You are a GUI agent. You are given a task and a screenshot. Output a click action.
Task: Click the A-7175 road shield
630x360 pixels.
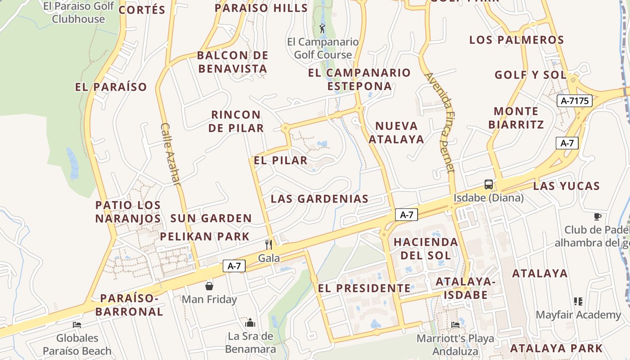click(574, 101)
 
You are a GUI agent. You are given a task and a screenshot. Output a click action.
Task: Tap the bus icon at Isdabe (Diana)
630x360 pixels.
click(488, 184)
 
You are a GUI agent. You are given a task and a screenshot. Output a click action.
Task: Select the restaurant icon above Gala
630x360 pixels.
click(269, 244)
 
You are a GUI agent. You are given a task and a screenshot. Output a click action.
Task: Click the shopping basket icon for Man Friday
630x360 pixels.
click(209, 286)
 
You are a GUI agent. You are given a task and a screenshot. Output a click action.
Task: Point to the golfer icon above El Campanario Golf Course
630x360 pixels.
click(322, 29)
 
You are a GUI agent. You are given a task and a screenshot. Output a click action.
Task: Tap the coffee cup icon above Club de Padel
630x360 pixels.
click(597, 216)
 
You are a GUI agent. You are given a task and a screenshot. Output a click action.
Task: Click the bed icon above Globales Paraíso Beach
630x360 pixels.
click(77, 324)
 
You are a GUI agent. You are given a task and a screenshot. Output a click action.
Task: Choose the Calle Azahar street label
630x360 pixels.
click(170, 154)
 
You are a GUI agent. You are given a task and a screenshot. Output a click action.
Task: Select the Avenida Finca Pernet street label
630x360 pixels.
click(439, 122)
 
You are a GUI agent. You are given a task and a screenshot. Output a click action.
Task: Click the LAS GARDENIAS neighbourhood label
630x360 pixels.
click(319, 198)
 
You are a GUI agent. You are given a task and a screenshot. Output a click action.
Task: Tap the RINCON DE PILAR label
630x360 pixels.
click(236, 121)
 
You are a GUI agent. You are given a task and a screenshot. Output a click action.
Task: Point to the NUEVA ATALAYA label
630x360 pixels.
click(396, 132)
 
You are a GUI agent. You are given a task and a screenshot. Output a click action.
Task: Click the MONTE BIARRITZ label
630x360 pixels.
click(516, 118)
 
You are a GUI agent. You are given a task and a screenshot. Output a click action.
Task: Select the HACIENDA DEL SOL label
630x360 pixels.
click(425, 248)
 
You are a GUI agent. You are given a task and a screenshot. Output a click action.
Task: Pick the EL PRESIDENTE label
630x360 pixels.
click(364, 288)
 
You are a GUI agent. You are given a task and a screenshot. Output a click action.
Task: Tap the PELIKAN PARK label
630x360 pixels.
click(205, 236)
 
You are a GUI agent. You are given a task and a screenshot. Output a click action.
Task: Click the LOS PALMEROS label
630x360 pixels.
click(516, 40)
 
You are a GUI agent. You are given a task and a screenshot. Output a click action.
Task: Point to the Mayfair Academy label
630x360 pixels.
click(578, 315)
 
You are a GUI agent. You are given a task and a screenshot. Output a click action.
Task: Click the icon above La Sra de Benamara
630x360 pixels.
click(250, 323)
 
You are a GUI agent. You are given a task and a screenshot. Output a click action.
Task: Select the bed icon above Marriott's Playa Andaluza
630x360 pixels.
click(455, 324)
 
